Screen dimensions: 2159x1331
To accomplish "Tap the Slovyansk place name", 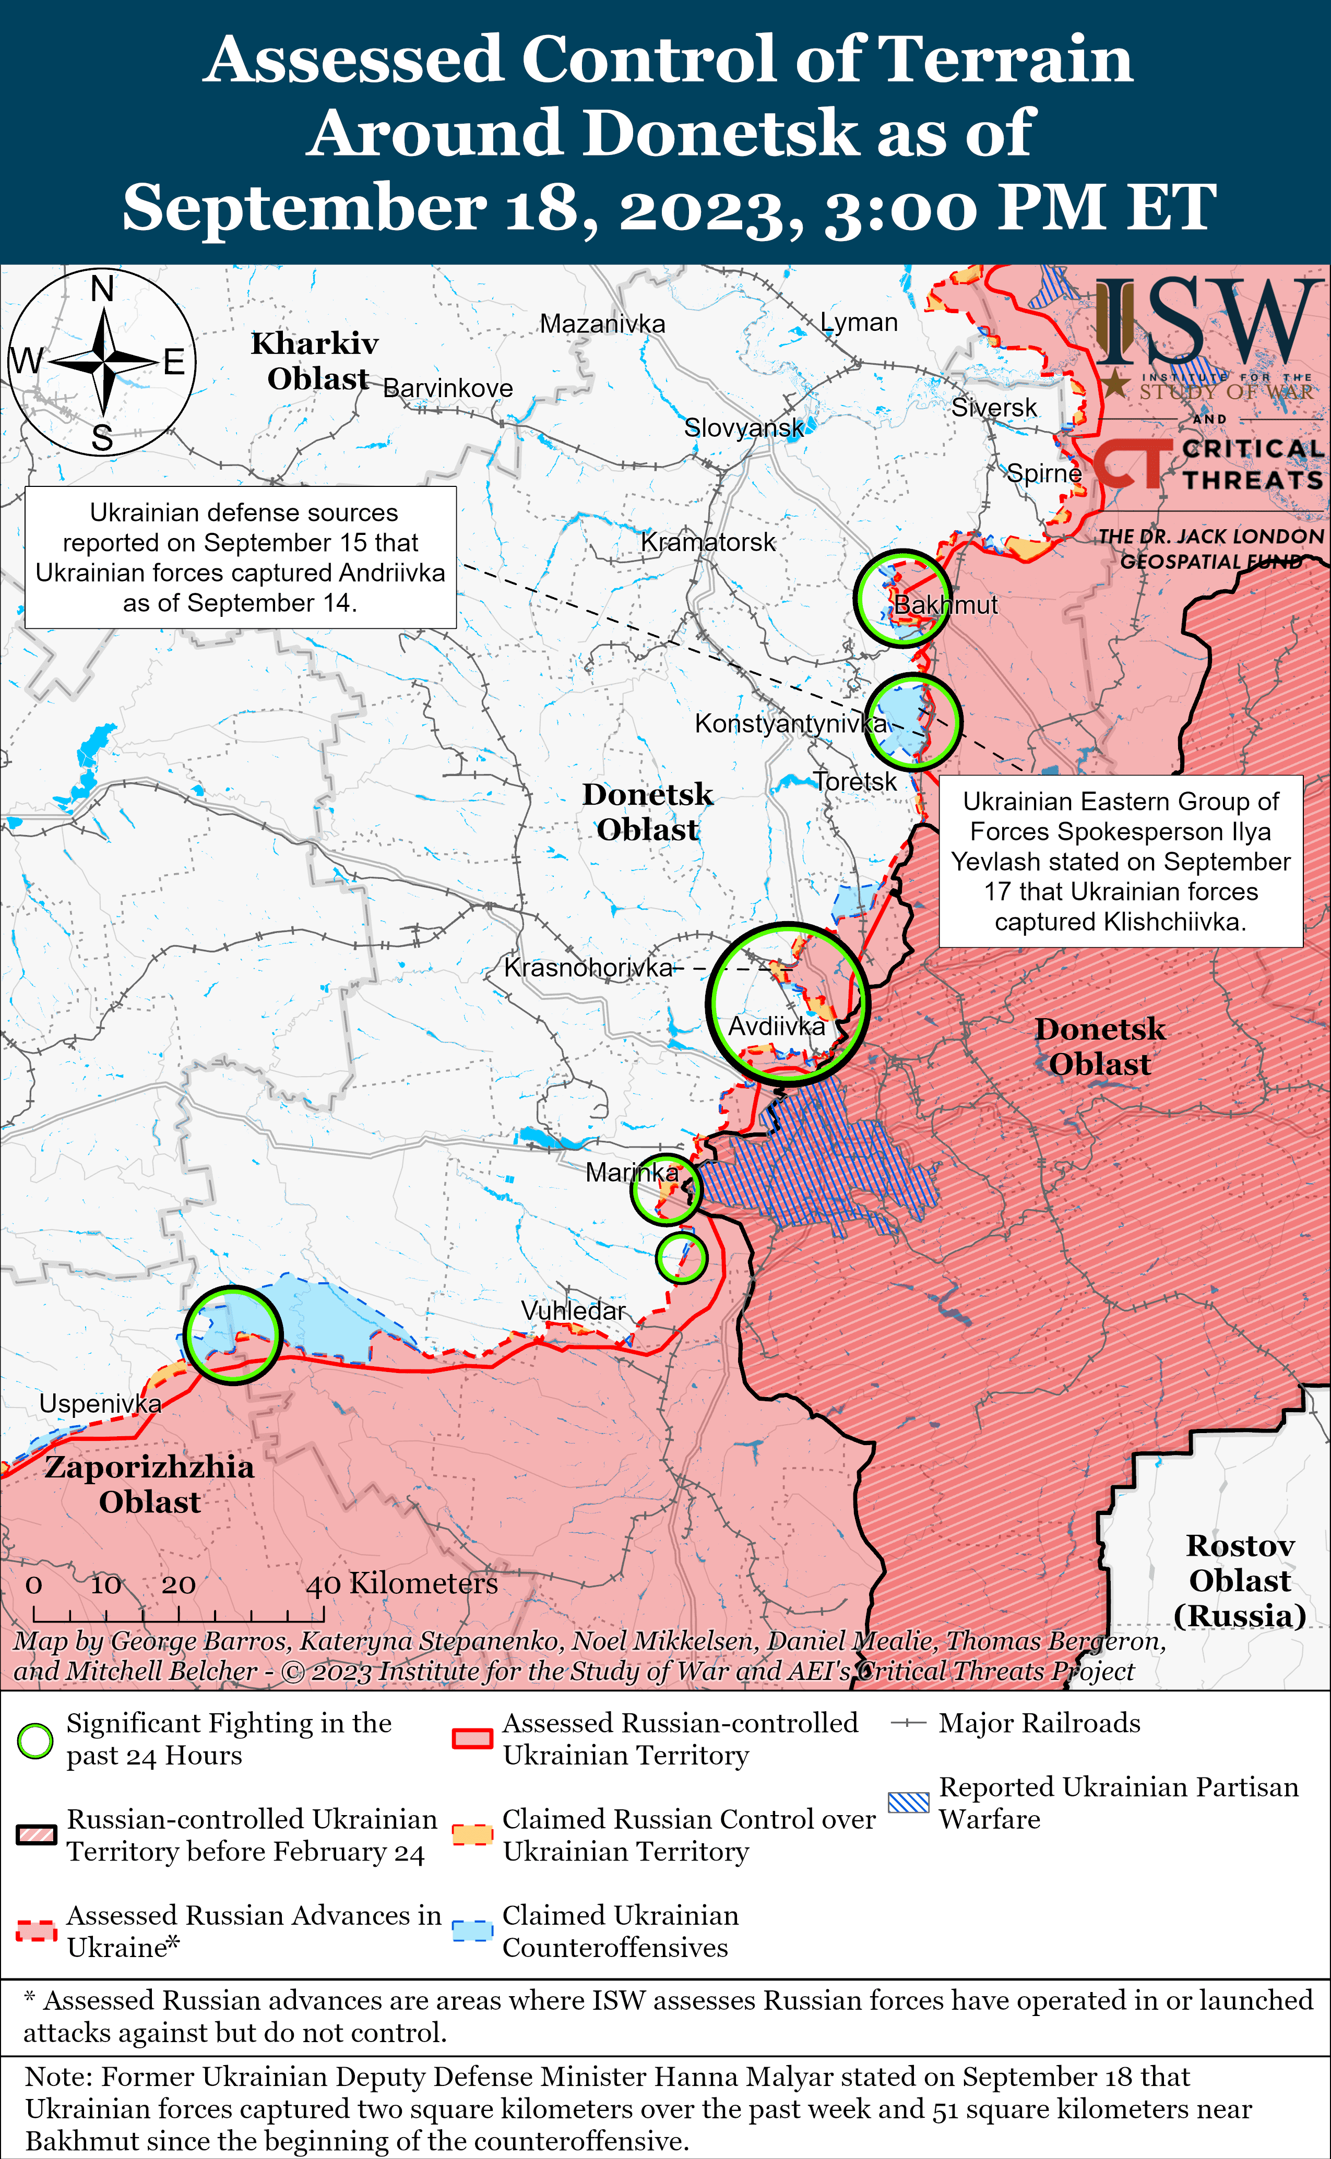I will click(x=744, y=428).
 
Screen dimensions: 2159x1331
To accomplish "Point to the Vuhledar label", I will click(x=573, y=1310).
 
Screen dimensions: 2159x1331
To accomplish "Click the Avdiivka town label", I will click(x=777, y=1026).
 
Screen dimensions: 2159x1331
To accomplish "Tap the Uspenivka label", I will click(x=100, y=1404).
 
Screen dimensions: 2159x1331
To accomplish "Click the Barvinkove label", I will click(x=447, y=388).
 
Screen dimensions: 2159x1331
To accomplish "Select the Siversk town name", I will click(x=994, y=408).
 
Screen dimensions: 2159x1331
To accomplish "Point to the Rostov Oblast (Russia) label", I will click(x=1240, y=1581).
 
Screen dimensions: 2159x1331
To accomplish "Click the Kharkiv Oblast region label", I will click(x=315, y=361).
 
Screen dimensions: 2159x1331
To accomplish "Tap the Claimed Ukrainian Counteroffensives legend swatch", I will click(x=472, y=1931).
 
